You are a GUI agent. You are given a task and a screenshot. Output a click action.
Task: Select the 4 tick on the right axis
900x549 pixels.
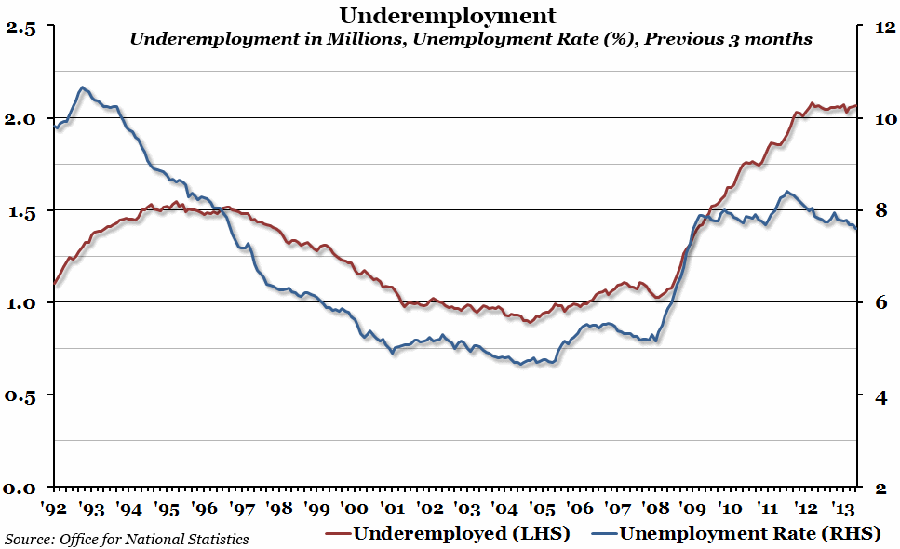879,396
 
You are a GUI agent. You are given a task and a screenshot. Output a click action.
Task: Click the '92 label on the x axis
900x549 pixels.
53,508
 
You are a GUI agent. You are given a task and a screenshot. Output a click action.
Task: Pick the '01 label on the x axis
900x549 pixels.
391,508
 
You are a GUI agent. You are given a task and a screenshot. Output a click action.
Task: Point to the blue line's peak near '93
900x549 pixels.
83,87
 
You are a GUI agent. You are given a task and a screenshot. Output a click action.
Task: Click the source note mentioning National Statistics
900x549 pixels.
127,538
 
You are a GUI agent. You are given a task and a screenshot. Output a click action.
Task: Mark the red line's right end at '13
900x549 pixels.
855,106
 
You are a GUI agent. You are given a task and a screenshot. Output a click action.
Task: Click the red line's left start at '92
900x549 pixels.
55,283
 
